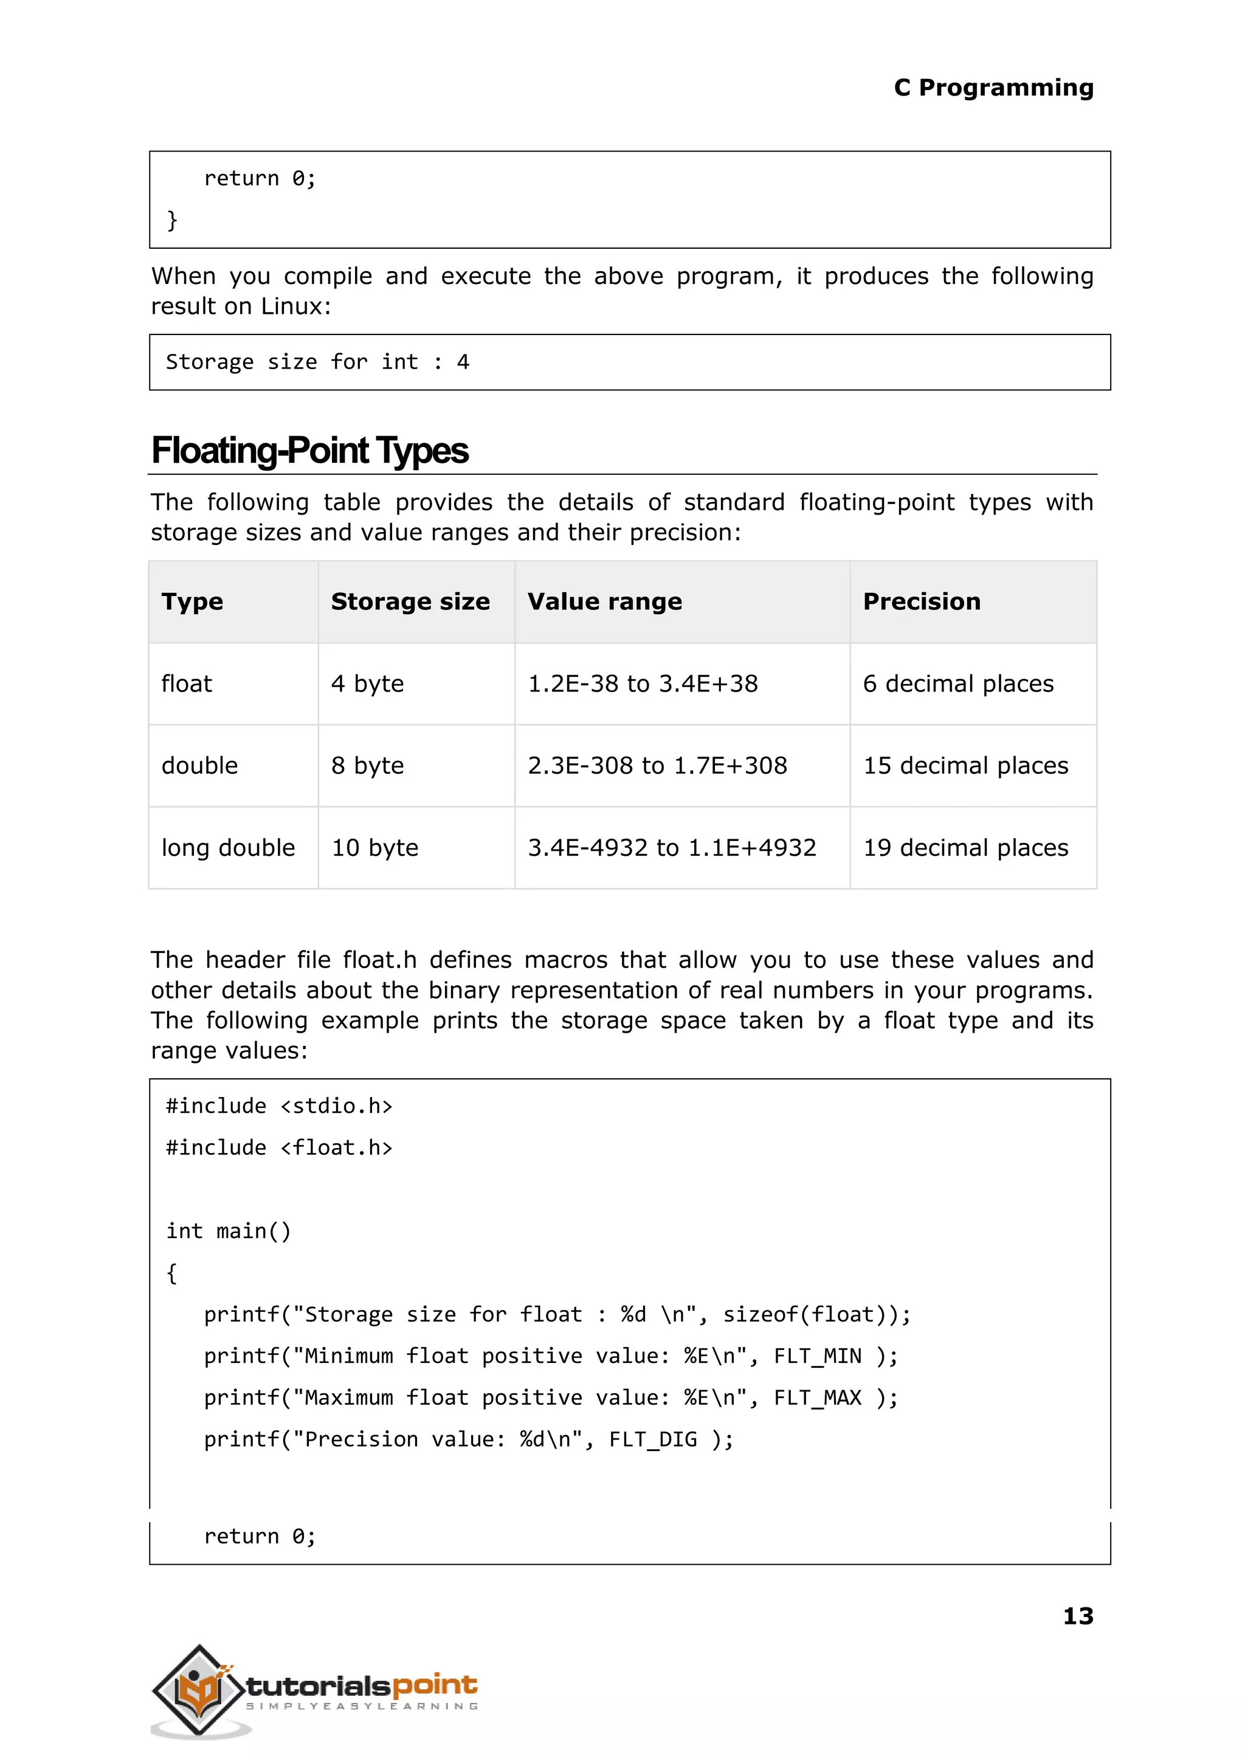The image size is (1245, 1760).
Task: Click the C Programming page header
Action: point(993,88)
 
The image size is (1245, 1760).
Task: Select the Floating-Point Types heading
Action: point(309,451)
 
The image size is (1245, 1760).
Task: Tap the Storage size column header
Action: point(410,602)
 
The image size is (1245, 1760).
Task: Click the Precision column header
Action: point(922,602)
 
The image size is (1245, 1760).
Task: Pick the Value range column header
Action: point(604,602)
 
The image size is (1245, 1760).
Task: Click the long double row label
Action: point(228,847)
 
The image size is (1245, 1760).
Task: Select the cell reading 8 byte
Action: point(367,765)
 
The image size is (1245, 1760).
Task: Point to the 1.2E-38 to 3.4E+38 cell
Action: point(643,684)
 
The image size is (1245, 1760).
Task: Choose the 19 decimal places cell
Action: point(965,847)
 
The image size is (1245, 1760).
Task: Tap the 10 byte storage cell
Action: point(375,847)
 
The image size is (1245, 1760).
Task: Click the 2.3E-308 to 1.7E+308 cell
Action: point(657,765)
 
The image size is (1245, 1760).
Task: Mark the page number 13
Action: point(1077,1616)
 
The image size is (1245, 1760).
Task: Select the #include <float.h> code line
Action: point(279,1148)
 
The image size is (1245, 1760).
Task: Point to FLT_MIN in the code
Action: point(817,1356)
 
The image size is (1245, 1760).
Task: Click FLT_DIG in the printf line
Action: point(652,1440)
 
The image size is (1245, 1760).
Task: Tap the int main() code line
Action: point(229,1231)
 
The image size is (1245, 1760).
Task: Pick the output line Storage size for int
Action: point(317,362)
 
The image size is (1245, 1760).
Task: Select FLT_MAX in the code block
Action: point(817,1398)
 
